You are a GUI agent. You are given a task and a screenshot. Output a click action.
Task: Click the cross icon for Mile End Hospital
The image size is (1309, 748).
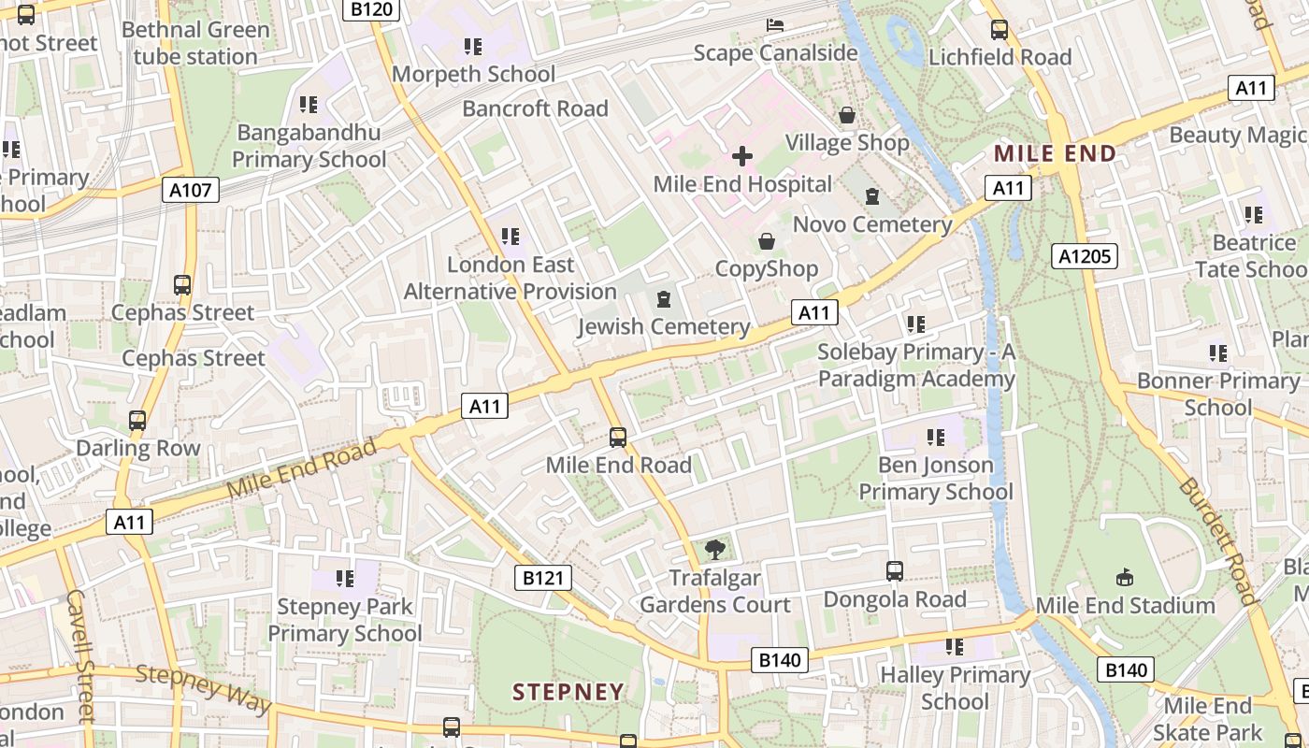point(742,155)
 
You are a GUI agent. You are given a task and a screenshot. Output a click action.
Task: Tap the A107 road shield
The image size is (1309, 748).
point(190,191)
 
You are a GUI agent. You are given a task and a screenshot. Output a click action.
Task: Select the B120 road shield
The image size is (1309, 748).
point(372,10)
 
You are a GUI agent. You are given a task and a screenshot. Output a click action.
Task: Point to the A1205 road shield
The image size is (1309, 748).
point(1085,256)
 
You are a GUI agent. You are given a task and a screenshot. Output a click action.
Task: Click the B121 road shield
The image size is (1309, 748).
point(543,578)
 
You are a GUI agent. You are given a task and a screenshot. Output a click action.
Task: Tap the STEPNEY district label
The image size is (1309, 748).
point(568,692)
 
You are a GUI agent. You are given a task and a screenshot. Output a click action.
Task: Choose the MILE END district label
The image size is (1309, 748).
point(1055,153)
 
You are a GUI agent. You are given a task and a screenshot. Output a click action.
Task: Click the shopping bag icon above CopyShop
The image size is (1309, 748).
point(767,241)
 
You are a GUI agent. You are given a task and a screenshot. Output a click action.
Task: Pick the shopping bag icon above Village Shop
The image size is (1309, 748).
point(847,115)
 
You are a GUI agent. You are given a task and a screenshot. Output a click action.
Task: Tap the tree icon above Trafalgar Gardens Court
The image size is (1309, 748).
point(715,550)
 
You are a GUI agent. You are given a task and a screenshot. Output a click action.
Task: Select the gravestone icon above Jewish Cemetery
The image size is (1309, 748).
point(664,299)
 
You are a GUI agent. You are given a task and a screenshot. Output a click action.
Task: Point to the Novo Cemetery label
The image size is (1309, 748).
point(872,224)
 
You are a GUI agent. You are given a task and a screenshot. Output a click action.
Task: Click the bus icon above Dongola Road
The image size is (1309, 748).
point(895,570)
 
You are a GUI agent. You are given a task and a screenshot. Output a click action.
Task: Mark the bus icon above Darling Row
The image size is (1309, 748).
point(137,421)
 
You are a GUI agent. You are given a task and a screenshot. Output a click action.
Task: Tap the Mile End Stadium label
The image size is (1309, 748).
point(1125,605)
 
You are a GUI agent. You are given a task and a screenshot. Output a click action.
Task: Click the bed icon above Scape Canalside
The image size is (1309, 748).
point(775,24)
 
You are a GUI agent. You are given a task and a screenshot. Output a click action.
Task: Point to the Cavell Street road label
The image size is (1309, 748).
point(81,654)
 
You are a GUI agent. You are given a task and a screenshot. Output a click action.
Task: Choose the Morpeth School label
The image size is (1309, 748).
point(473,74)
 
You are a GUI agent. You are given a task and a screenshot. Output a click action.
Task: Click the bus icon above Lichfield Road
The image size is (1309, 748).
point(1000,30)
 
